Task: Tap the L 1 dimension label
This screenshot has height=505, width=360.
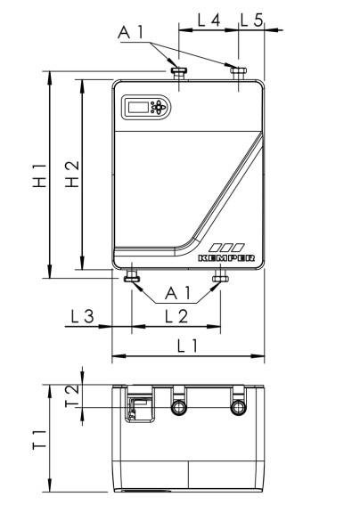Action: point(188,345)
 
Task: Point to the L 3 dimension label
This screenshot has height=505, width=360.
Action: point(82,315)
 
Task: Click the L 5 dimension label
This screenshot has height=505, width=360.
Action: point(252,19)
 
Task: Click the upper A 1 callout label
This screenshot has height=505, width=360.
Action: point(130,32)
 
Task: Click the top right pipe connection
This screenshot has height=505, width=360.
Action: point(238,71)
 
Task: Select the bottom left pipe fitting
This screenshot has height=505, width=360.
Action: point(133,279)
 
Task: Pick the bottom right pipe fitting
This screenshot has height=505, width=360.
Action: point(220,279)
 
